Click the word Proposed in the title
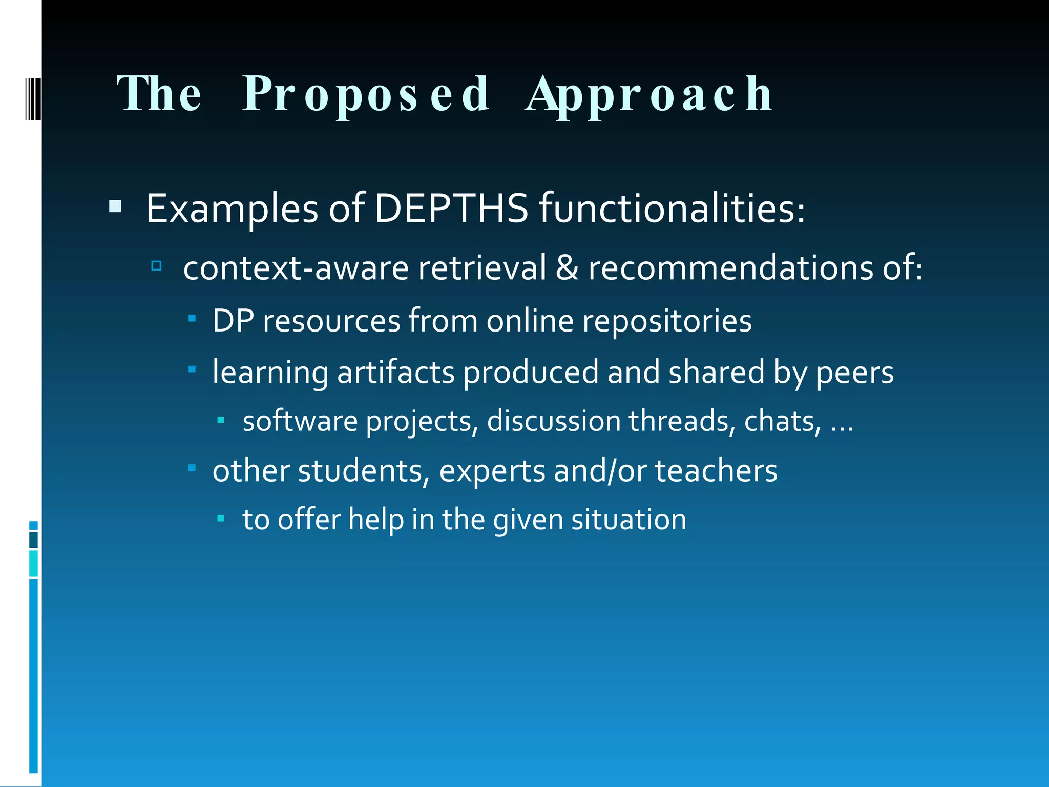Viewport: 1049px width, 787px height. (366, 94)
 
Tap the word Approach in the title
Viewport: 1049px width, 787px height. (649, 94)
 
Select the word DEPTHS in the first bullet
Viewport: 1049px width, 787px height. (451, 209)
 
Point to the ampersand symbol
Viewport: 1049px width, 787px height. (567, 267)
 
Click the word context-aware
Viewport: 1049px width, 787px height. (296, 267)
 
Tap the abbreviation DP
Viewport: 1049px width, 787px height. (233, 321)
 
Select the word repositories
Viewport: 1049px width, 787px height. (667, 321)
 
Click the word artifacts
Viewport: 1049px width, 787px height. (395, 372)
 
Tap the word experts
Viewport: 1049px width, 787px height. (492, 470)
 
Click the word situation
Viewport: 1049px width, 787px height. (628, 519)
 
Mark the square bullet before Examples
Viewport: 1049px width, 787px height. (116, 208)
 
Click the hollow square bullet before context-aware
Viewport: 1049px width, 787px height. (157, 266)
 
